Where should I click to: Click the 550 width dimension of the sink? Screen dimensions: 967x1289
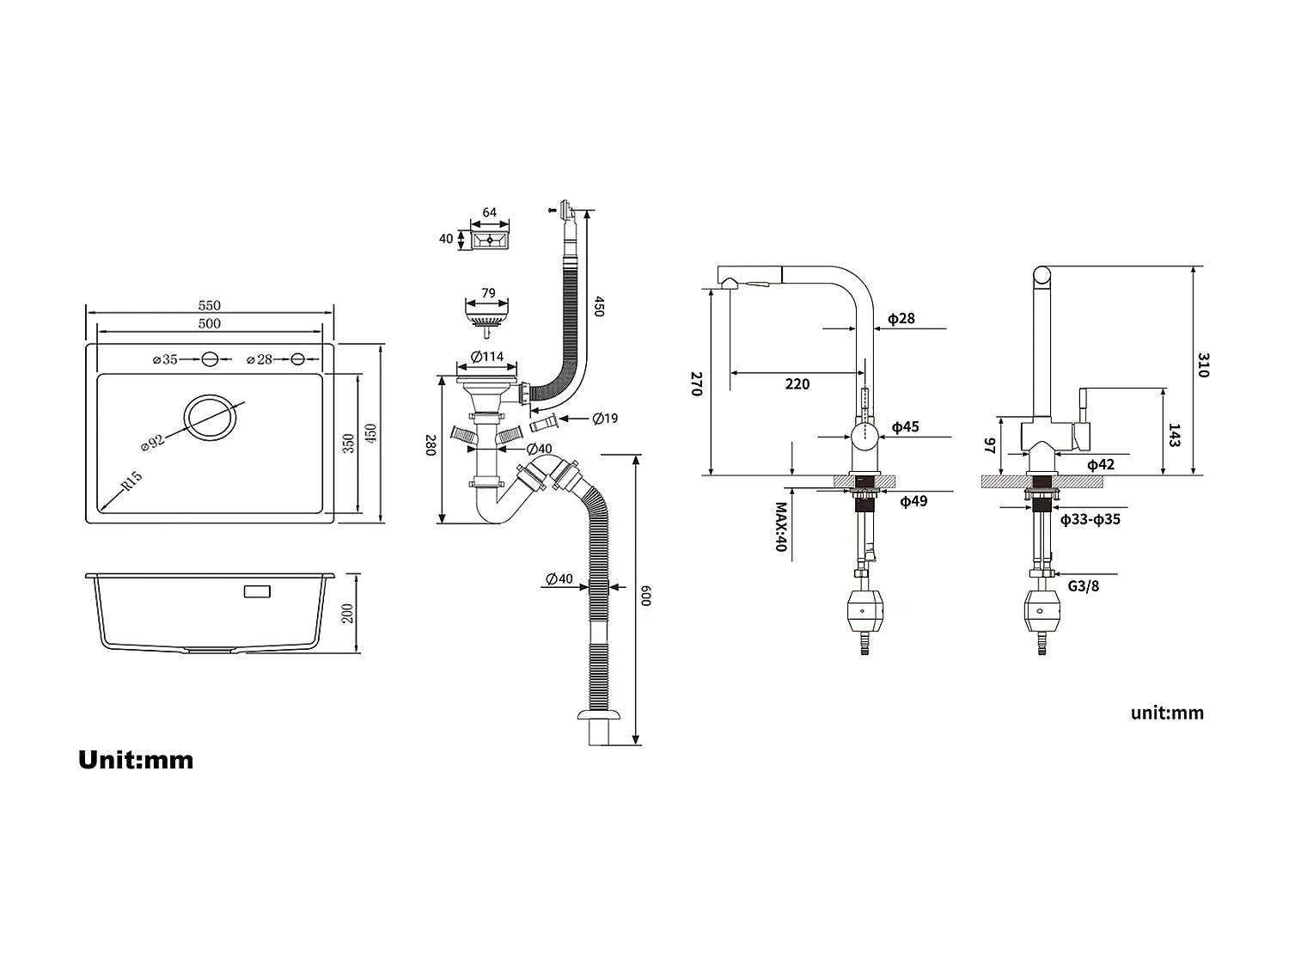pyautogui.click(x=209, y=305)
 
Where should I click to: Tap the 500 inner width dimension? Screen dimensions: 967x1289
pyautogui.click(x=209, y=324)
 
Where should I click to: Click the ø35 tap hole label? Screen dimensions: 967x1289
pyautogui.click(x=164, y=359)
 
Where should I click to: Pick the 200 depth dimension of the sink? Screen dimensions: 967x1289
pyautogui.click(x=348, y=613)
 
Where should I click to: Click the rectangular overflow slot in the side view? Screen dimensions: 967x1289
pyautogui.click(x=257, y=591)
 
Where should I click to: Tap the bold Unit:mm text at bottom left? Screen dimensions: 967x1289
pyautogui.click(x=136, y=760)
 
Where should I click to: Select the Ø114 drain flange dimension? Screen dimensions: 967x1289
pyautogui.click(x=487, y=358)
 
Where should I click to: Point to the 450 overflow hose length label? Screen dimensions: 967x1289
pyautogui.click(x=599, y=307)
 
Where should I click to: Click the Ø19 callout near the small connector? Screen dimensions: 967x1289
pyautogui.click(x=605, y=419)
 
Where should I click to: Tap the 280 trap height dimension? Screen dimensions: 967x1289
pyautogui.click(x=431, y=445)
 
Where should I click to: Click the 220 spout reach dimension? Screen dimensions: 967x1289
pyautogui.click(x=797, y=384)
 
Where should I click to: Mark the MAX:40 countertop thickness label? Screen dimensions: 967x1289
pyautogui.click(x=781, y=527)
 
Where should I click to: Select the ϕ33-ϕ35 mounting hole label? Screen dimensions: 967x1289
pyautogui.click(x=1090, y=519)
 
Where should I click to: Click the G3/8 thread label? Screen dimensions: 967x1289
pyautogui.click(x=1084, y=586)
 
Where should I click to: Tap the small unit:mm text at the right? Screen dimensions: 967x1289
pyautogui.click(x=1167, y=713)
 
